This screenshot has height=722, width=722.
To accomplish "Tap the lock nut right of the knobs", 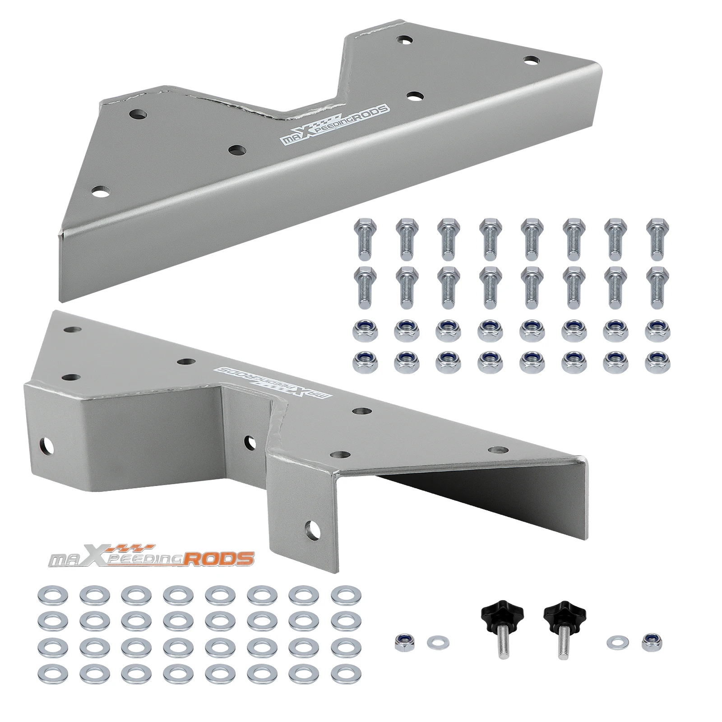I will tap(648, 641).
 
